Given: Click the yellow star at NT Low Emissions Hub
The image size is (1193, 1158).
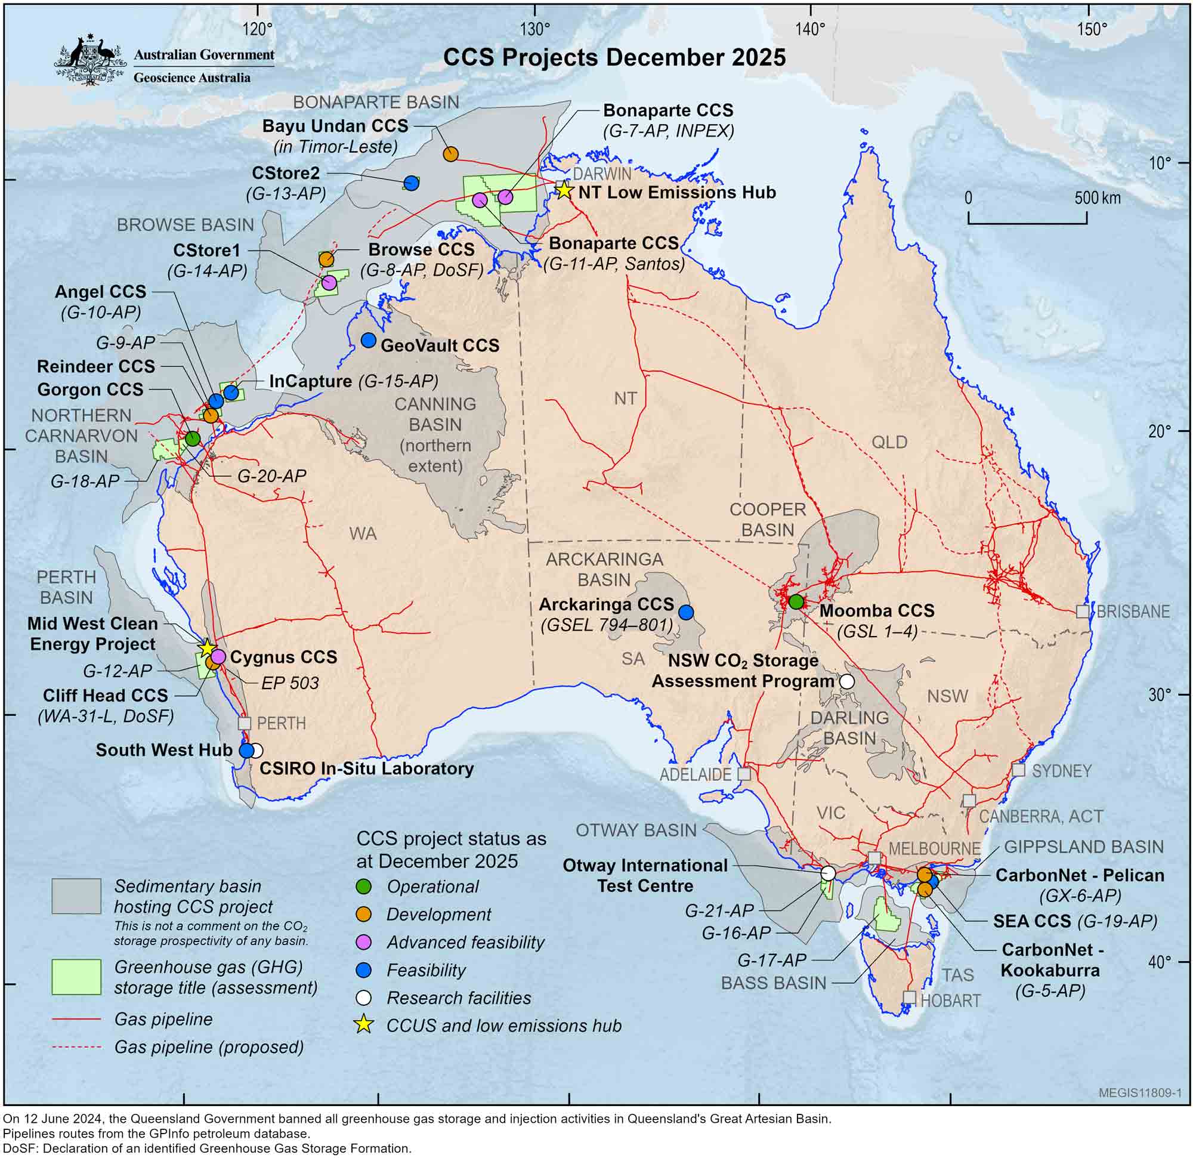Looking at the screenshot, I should click(564, 190).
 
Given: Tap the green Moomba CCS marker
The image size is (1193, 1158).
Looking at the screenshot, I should click(796, 601).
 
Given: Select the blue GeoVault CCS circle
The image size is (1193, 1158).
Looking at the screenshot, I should click(368, 340).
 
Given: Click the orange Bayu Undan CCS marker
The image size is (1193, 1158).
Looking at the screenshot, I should click(450, 154).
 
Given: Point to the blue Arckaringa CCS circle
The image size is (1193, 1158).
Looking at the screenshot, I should click(686, 613).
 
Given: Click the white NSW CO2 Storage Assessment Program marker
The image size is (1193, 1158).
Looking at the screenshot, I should click(846, 681).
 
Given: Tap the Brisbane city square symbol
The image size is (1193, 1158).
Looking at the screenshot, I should click(1082, 612).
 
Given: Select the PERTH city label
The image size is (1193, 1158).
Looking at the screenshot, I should click(280, 723).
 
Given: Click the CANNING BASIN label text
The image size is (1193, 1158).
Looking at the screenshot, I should click(435, 415).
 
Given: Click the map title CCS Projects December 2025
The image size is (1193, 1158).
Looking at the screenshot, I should click(614, 57).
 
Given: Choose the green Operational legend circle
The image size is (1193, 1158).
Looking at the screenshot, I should click(363, 887).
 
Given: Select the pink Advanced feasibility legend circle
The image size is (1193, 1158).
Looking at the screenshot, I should click(363, 942).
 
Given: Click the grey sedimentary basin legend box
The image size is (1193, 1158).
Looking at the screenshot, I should click(77, 895).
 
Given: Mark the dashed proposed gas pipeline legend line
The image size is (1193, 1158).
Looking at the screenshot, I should click(77, 1046).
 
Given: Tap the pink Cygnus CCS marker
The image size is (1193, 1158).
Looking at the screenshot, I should click(218, 656).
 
